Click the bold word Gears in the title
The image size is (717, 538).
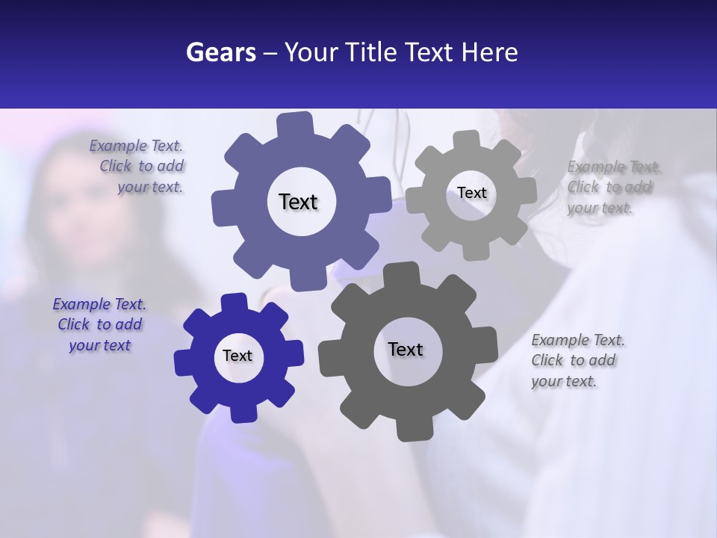point(220,52)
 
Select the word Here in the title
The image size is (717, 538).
point(489,52)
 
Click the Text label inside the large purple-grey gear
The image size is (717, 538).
point(298,202)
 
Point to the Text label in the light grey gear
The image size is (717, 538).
point(471,193)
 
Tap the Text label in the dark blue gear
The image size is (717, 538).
point(238,356)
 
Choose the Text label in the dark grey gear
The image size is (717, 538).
point(406,350)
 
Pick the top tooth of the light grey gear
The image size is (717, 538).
point(467,140)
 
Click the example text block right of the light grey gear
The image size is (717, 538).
point(612,188)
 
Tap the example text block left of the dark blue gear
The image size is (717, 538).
point(99,325)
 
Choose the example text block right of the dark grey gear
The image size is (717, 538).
point(577,361)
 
